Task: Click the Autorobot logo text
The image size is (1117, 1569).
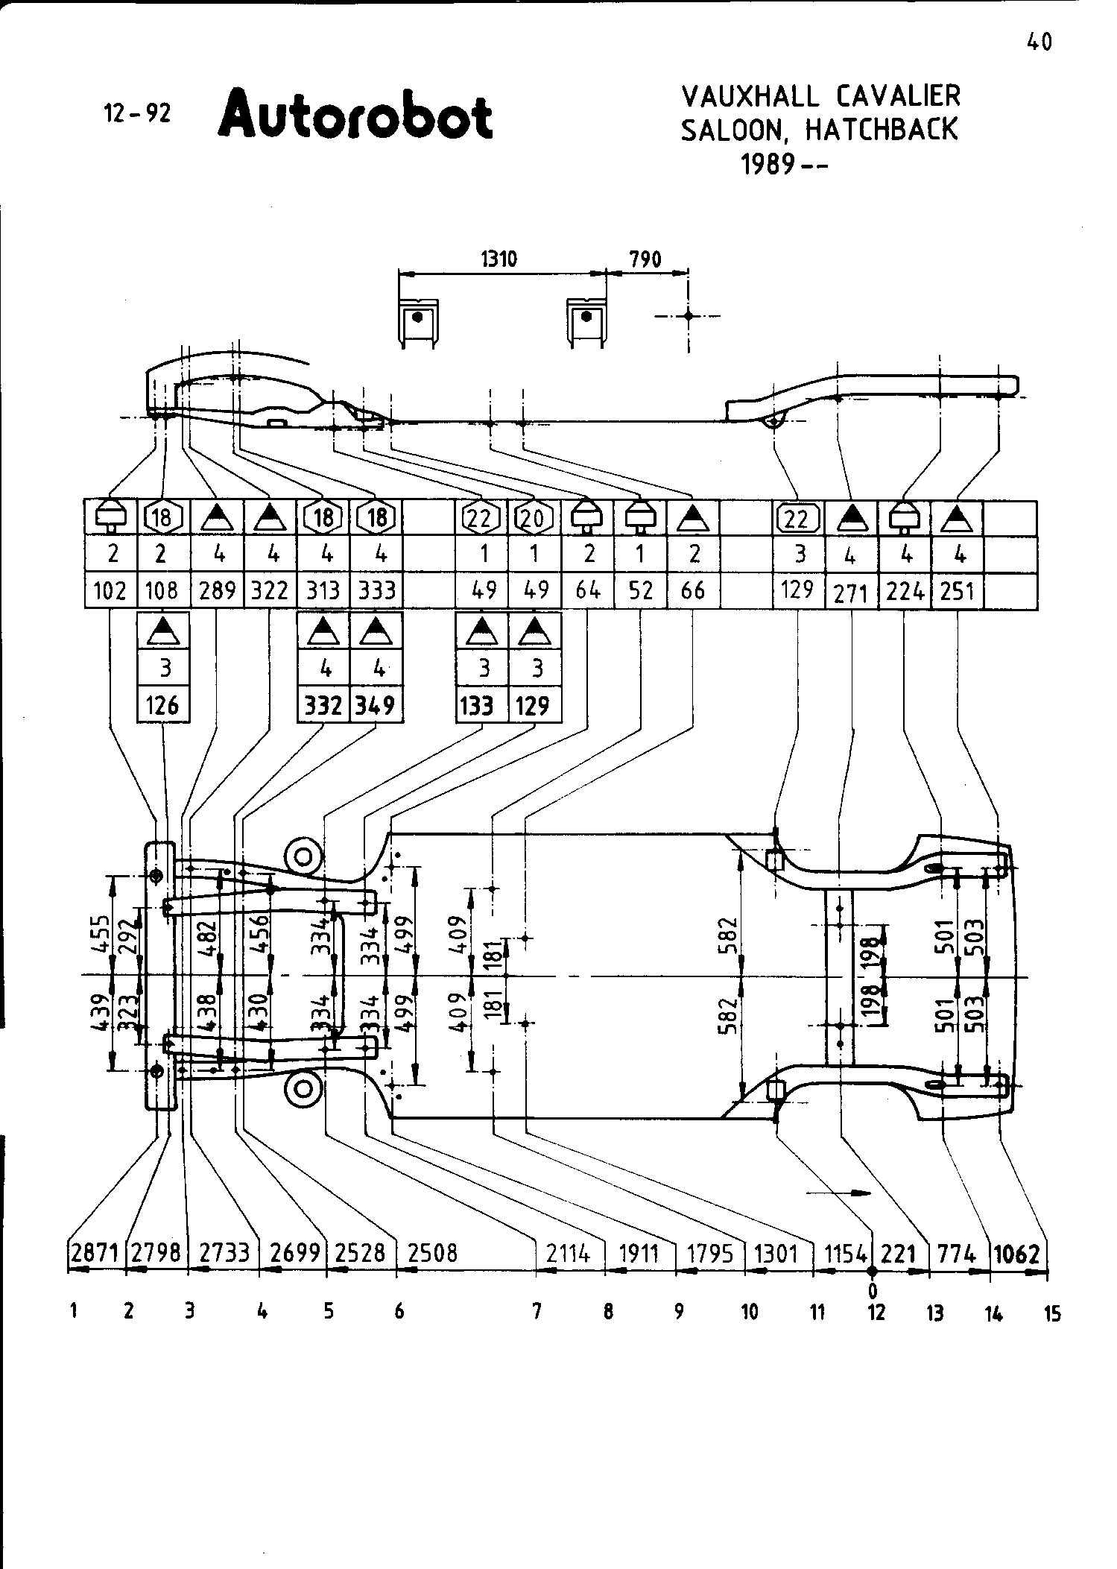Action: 355,116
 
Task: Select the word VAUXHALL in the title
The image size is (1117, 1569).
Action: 750,96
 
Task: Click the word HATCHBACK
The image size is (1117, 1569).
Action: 881,130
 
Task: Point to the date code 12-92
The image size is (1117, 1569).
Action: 137,113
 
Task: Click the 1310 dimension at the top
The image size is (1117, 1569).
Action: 499,259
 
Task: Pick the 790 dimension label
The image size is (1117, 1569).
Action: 645,259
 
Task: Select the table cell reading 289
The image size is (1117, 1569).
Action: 218,591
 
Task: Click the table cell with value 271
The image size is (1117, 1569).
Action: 851,593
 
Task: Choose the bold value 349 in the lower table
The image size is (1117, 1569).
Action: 376,704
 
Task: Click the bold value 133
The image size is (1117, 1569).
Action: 478,704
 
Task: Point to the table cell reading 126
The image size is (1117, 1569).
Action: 162,704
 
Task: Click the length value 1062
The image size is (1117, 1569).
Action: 1016,1254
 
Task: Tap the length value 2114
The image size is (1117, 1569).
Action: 568,1254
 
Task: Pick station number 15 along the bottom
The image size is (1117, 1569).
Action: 1051,1313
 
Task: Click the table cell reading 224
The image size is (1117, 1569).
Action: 905,591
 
